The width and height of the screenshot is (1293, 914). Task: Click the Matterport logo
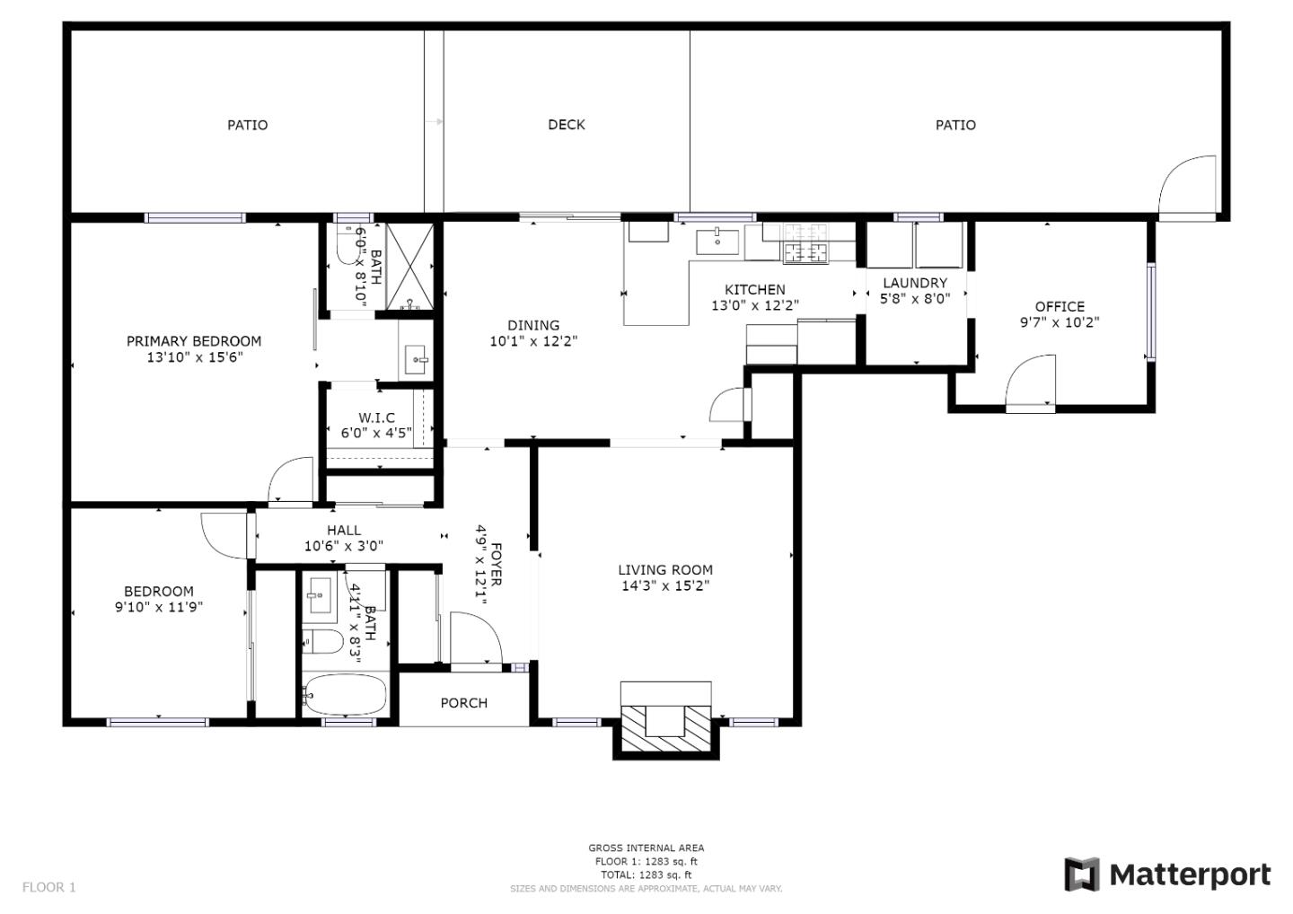(x=1167, y=874)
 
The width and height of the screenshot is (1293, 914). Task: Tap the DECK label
(x=567, y=125)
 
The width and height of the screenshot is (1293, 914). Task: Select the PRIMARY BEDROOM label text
(x=194, y=341)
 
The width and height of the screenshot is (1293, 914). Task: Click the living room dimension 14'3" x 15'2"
(x=665, y=586)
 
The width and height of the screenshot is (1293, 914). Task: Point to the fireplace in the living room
(x=666, y=718)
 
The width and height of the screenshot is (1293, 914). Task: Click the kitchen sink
(x=717, y=241)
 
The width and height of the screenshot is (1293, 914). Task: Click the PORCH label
(x=464, y=703)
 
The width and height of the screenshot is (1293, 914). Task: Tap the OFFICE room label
(x=1060, y=306)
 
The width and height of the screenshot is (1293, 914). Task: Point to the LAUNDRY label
(x=915, y=283)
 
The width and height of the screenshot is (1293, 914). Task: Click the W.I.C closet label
(x=376, y=417)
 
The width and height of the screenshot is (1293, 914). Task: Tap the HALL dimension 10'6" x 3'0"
(x=344, y=545)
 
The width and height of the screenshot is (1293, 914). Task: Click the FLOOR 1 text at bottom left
(x=49, y=887)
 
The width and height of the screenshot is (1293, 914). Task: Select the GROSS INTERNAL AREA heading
(x=646, y=848)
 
